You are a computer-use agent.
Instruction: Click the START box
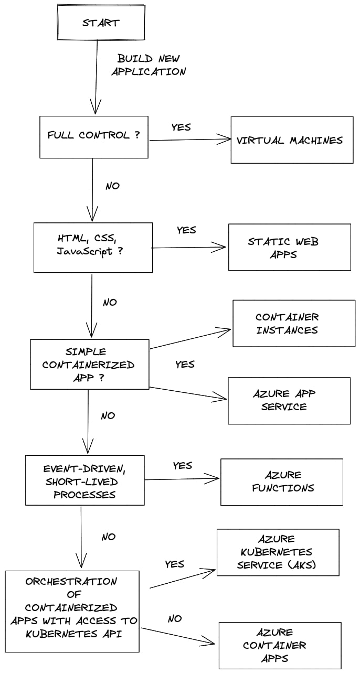point(100,23)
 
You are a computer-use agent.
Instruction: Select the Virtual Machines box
point(292,140)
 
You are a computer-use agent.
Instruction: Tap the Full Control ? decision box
point(94,136)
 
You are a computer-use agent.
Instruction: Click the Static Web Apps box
point(289,248)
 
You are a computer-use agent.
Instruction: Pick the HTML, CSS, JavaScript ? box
point(93,247)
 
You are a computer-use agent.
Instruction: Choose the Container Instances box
point(294,323)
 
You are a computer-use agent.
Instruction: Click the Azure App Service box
point(289,400)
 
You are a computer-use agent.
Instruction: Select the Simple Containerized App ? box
point(89,364)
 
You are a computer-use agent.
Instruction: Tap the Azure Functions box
point(282,482)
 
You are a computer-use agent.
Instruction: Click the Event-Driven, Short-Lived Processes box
point(84,480)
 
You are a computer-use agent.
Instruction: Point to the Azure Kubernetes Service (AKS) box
point(278,552)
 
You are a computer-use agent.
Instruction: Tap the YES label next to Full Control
point(181,127)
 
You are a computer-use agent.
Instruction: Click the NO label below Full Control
point(112,186)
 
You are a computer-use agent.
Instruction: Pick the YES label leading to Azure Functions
point(182,465)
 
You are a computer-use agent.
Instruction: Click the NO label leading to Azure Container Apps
point(175,619)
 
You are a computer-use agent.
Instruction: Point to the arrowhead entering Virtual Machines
point(227,139)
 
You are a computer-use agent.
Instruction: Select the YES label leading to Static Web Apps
point(186,230)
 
